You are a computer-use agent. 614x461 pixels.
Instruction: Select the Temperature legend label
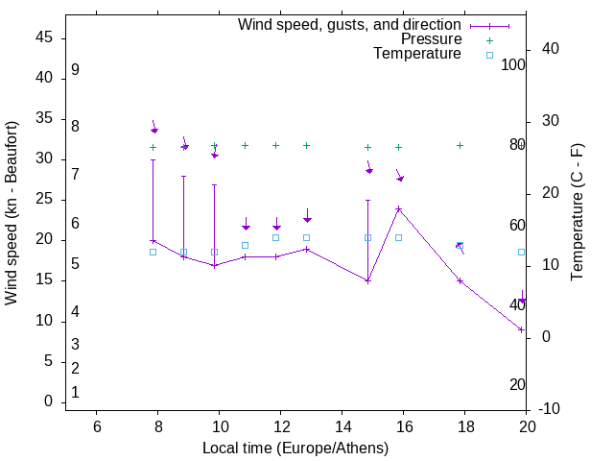point(417,54)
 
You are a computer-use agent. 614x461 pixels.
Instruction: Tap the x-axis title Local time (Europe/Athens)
point(295,448)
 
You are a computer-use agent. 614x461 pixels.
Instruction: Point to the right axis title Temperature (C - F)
point(577,213)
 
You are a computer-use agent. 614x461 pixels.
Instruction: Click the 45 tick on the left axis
point(45,38)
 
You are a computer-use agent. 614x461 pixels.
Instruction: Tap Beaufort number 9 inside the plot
point(75,70)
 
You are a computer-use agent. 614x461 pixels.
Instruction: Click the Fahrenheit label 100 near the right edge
point(514,64)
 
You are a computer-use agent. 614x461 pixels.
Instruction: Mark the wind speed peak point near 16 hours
point(398,208)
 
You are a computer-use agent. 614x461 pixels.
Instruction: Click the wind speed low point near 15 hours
point(367,280)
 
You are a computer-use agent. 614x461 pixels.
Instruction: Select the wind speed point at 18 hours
point(460,280)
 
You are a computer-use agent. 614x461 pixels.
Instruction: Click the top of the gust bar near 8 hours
point(153,159)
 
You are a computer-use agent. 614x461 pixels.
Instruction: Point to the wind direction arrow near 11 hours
point(246,224)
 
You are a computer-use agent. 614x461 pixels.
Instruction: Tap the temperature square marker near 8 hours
point(153,252)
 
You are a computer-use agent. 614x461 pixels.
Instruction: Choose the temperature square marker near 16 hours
point(398,237)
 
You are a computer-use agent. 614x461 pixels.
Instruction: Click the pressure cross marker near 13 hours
point(306,146)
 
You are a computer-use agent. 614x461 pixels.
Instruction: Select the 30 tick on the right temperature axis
point(552,121)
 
